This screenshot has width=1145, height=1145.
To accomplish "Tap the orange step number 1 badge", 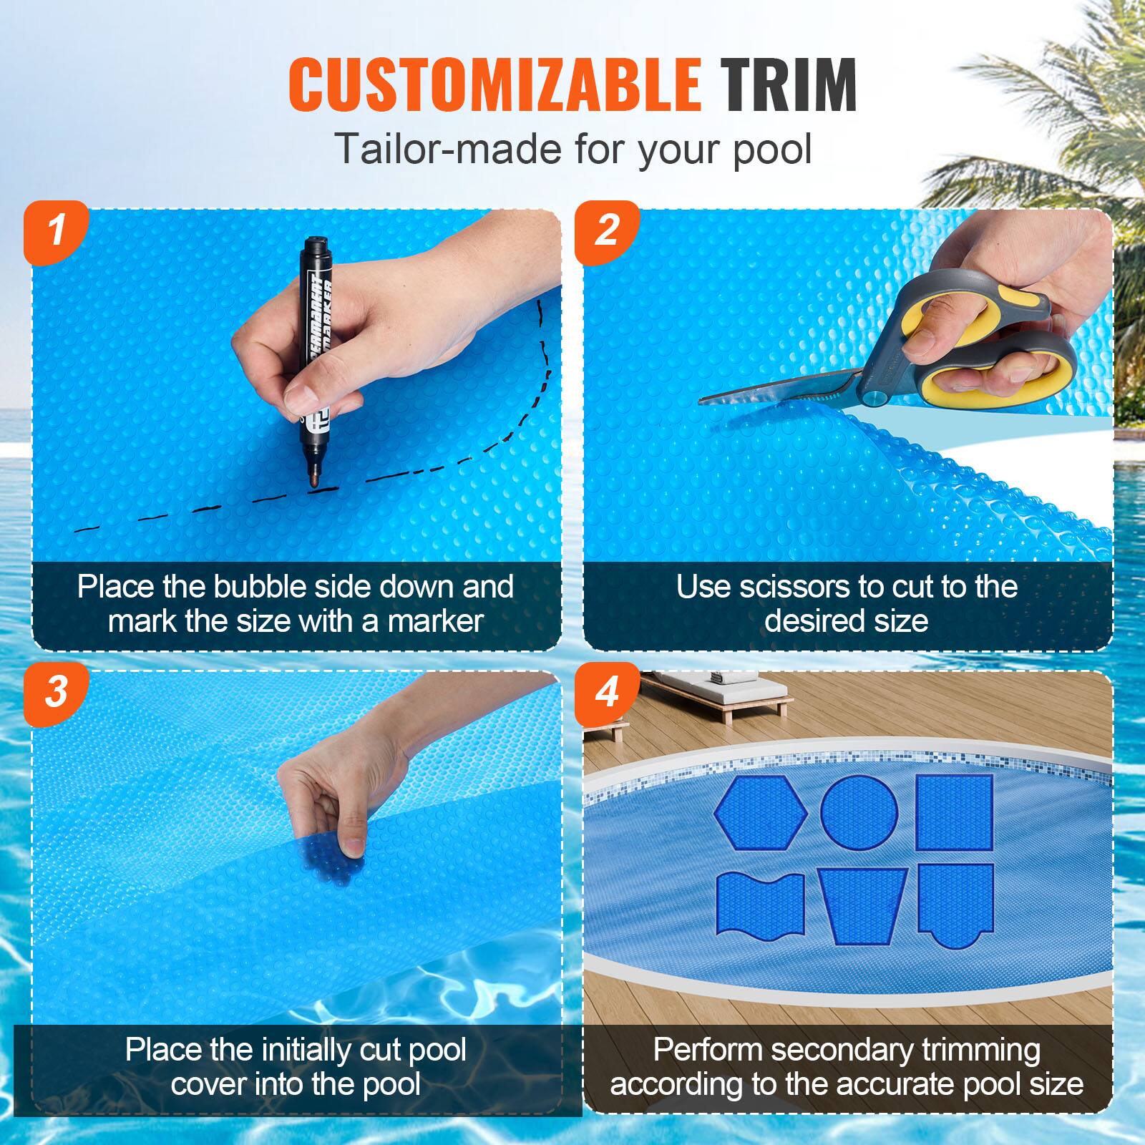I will pos(56,230).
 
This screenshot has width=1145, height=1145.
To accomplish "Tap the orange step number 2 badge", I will pos(607,230).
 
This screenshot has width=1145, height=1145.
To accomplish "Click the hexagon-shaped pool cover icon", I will pos(761,812).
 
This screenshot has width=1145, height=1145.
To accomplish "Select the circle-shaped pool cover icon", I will pos(859,812).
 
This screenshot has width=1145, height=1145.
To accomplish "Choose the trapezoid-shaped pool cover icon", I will pos(862,905).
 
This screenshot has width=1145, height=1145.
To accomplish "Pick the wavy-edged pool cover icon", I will pos(760,903).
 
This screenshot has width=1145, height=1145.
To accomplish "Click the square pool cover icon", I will pos(955,812).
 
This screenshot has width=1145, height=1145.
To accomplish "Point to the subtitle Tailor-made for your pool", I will pos(572,149).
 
